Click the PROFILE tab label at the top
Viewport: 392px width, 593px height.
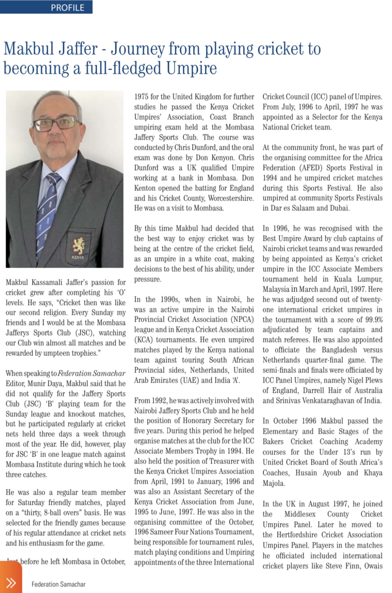pyautogui.click(x=68, y=7)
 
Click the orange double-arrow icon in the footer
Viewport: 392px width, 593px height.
pyautogui.click(x=11, y=583)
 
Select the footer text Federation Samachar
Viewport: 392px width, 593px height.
pyautogui.click(x=58, y=584)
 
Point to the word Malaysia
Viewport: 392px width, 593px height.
pyautogui.click(x=275, y=289)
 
